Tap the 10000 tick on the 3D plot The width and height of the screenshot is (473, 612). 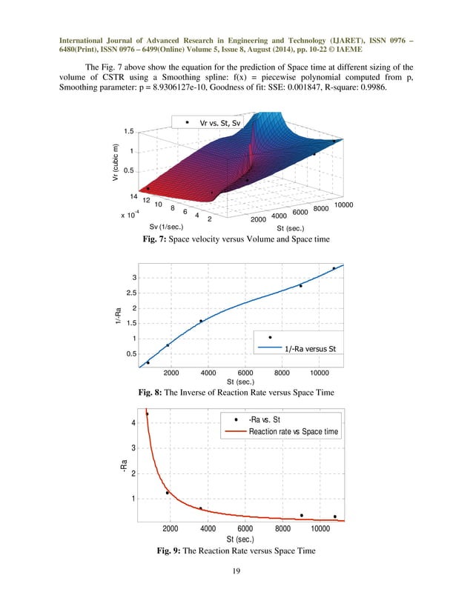(x=343, y=204)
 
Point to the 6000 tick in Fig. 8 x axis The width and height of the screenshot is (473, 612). (x=245, y=373)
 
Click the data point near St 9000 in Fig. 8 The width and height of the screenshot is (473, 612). (x=300, y=286)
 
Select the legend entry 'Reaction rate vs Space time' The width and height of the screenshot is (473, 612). (x=294, y=431)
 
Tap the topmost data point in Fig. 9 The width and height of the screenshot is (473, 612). (x=147, y=414)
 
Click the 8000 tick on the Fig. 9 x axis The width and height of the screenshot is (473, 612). (x=282, y=528)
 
